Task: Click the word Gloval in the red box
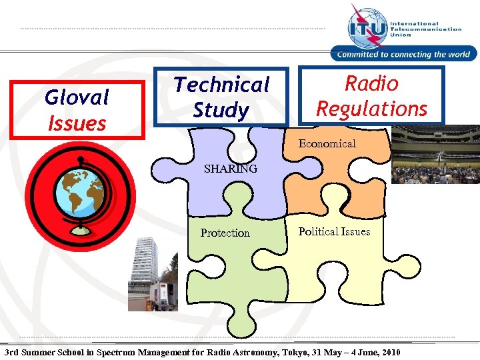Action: (77, 97)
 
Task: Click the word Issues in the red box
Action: (77, 123)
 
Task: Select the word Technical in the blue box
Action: (221, 85)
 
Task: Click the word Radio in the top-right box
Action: (371, 83)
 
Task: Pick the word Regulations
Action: (371, 109)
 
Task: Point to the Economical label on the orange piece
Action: (327, 143)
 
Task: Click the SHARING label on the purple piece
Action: (230, 169)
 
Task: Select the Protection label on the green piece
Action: (225, 233)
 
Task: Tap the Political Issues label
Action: (334, 231)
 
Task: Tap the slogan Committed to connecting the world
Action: (404, 55)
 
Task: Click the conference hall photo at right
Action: (435, 155)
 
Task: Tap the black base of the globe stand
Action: (80, 231)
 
